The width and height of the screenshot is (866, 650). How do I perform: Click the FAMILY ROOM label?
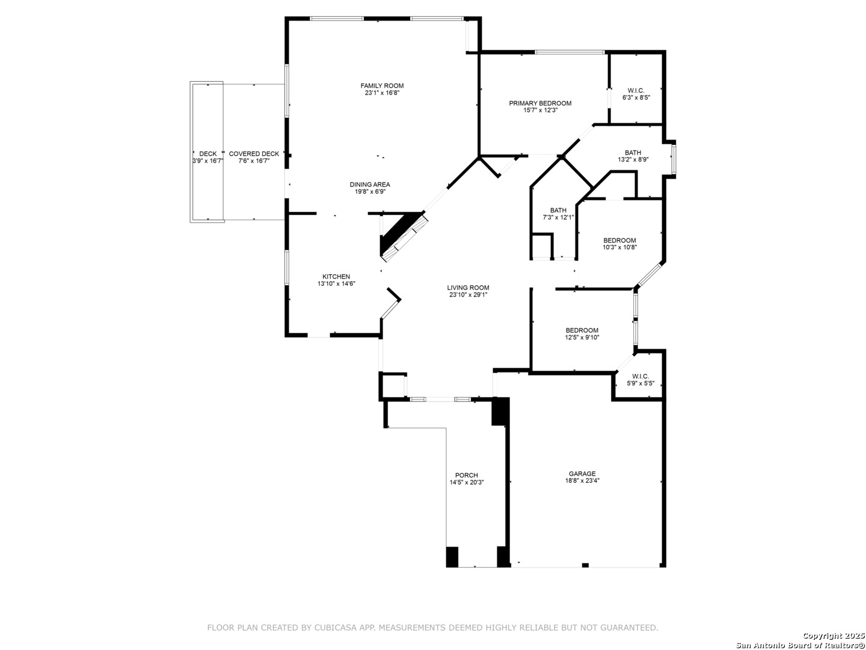coord(381,85)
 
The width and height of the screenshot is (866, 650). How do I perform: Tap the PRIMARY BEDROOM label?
coord(539,104)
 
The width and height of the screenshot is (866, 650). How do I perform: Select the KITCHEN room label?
coord(336,277)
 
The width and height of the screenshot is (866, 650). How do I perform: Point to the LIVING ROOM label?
coord(467,288)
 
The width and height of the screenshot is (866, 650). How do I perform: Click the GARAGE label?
coord(582,474)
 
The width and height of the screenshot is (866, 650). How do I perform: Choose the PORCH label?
coord(466,475)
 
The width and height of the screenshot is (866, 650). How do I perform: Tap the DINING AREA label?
coord(369,184)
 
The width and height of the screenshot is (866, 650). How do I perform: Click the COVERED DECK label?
coord(254,153)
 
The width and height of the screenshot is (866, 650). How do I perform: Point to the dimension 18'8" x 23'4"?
coord(582,481)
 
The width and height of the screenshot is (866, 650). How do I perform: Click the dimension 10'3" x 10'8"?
coord(619,247)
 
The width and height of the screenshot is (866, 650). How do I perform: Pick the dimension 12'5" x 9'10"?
coord(582,338)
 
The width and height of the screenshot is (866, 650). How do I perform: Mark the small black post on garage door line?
coord(585,565)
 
